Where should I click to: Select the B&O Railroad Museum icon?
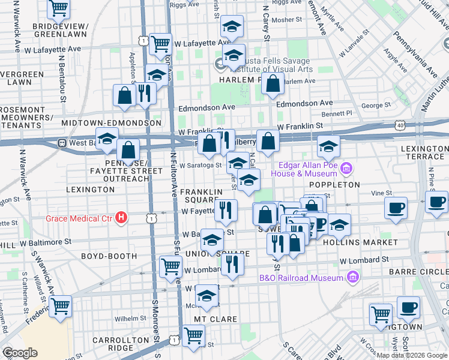352,277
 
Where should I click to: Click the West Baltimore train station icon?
61,143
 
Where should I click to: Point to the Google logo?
20,353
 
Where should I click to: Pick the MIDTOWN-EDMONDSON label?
112,123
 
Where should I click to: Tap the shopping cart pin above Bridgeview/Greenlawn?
58,8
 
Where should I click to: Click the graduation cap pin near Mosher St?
232,27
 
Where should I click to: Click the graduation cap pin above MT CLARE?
207,296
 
